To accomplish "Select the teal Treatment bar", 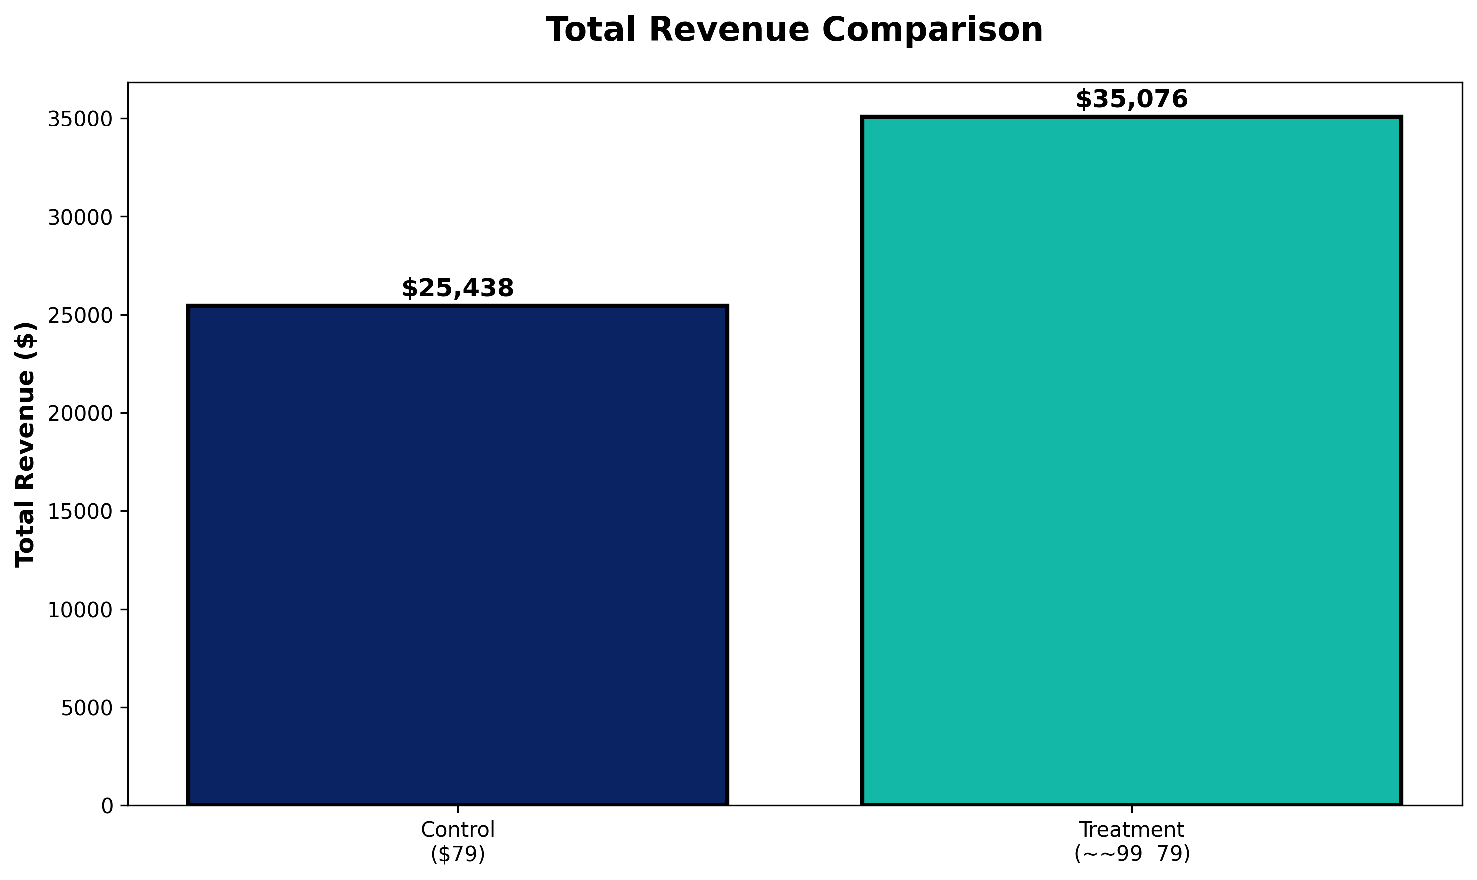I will tap(1131, 461).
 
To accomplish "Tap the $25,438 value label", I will tap(457, 289).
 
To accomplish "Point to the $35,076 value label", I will tap(1131, 100).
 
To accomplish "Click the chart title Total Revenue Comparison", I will tap(794, 30).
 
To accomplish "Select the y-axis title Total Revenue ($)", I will tap(26, 444).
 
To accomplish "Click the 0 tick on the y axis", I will tap(107, 806).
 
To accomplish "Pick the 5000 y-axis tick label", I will tap(87, 708).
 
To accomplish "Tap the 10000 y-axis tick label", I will tap(80, 610).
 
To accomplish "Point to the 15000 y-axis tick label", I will tap(80, 512).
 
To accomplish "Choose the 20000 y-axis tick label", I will tap(80, 414).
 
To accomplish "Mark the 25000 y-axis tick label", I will tap(80, 315).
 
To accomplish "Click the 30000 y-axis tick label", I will tap(80, 218).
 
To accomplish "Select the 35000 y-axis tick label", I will tap(80, 119).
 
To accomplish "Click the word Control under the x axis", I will tap(457, 830).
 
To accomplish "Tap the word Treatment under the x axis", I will tap(1131, 830).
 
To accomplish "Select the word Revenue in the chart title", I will tap(724, 30).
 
